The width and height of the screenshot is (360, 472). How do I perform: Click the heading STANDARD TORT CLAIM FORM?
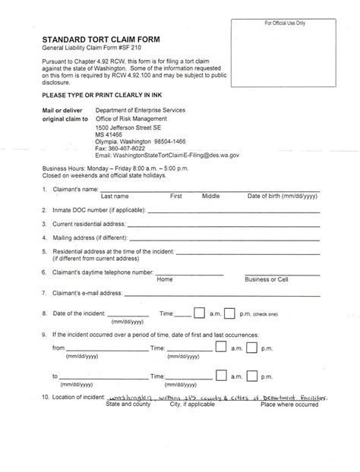pyautogui.click(x=98, y=35)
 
